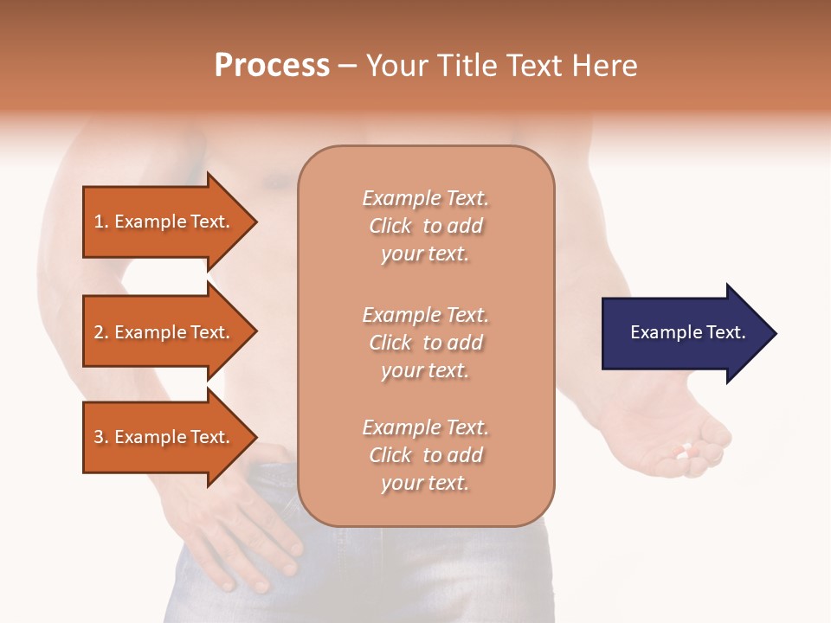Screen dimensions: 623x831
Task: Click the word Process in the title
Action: (272, 66)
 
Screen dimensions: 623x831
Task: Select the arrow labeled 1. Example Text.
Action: (164, 222)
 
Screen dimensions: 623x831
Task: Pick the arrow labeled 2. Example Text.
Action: (164, 332)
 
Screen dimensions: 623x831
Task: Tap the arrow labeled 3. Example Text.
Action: (164, 437)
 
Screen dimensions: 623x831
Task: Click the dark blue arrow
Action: (684, 333)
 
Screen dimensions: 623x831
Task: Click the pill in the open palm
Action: (685, 451)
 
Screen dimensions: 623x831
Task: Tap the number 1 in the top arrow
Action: (100, 222)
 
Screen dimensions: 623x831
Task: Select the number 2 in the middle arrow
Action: (100, 332)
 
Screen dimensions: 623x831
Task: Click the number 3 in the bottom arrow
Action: (100, 437)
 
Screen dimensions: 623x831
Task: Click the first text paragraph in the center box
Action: (425, 226)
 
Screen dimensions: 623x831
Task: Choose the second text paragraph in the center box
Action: (425, 343)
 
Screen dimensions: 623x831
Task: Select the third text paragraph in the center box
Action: (425, 455)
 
